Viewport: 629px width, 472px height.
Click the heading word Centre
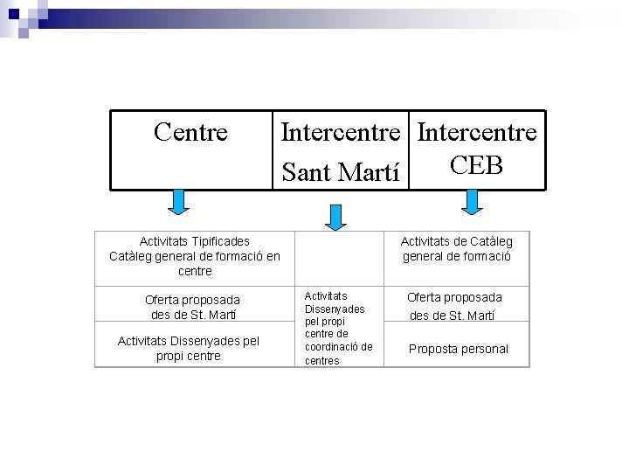(190, 132)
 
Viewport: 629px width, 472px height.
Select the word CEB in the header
(477, 165)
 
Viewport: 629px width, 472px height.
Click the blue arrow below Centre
(178, 202)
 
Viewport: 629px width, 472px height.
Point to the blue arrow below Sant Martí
(335, 215)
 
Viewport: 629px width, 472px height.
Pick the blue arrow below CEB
(472, 202)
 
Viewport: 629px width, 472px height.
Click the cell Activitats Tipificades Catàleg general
(195, 256)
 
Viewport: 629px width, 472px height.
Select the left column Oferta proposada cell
(192, 307)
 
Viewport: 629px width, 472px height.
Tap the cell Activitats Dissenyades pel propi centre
(188, 348)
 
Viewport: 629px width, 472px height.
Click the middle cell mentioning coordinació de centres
(338, 328)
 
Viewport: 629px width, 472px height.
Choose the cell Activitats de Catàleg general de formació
(456, 248)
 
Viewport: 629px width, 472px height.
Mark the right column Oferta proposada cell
(454, 306)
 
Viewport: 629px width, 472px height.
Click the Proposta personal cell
(458, 349)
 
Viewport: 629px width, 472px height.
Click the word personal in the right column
(484, 349)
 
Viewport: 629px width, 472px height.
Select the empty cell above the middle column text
(338, 257)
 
